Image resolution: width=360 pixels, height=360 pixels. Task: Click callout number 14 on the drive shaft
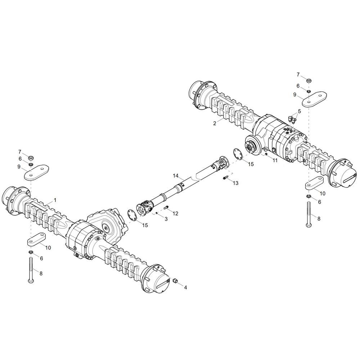pyautogui.click(x=176, y=176)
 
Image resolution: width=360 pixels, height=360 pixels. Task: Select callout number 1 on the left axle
pyautogui.click(x=55, y=199)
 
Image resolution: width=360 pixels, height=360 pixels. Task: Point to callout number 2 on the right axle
pyautogui.click(x=215, y=123)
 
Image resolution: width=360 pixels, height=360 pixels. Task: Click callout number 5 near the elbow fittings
pyautogui.click(x=299, y=111)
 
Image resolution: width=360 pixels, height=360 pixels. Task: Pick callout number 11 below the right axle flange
pyautogui.click(x=275, y=161)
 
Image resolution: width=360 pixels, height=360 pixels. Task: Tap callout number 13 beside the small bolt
pyautogui.click(x=235, y=183)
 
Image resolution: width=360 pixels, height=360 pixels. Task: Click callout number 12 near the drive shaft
pyautogui.click(x=175, y=213)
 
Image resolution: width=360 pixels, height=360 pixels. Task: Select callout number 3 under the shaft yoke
pyautogui.click(x=166, y=219)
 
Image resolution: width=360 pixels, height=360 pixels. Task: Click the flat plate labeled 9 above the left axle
pyautogui.click(x=36, y=172)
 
